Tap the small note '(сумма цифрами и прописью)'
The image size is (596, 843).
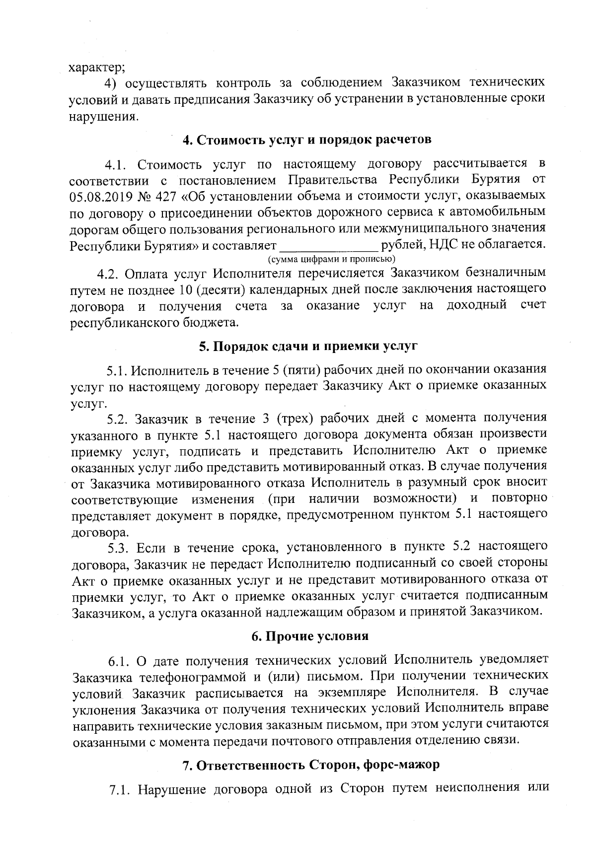click(x=331, y=259)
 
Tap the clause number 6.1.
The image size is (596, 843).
click(x=119, y=661)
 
